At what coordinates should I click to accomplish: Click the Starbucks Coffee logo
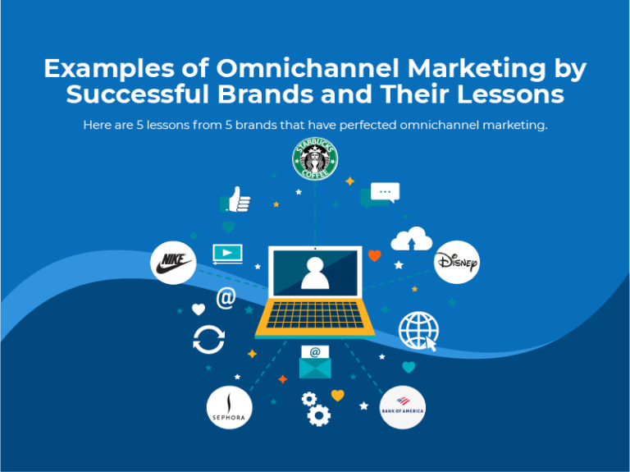tap(316, 160)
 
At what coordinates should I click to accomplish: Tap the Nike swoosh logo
tap(173, 263)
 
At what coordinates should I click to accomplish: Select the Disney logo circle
tap(456, 263)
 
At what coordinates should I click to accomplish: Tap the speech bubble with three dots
tap(384, 193)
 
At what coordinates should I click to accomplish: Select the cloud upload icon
tap(411, 239)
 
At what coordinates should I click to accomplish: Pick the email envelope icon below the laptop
tap(315, 361)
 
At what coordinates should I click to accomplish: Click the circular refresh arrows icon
tap(208, 339)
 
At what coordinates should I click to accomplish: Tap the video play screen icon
tap(227, 253)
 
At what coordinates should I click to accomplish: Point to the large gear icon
tap(319, 415)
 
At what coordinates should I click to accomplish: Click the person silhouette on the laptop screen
tap(315, 273)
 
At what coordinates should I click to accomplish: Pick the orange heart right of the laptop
tap(375, 255)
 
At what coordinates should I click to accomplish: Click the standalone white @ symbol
tap(225, 299)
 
